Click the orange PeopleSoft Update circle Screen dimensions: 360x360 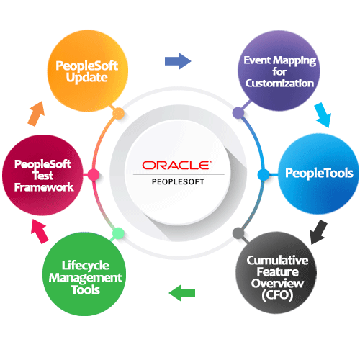[88, 71]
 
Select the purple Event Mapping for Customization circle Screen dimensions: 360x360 [279, 71]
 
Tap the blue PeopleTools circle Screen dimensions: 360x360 [318, 174]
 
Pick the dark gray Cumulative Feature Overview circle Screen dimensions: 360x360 [276, 273]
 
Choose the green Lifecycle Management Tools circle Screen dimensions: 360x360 [84, 274]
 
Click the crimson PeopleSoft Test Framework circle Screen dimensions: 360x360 [42, 175]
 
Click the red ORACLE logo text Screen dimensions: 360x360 [176, 166]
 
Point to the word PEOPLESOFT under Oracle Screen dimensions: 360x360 [178, 181]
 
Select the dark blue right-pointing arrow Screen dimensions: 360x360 [178, 61]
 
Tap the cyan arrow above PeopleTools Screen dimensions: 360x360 [323, 115]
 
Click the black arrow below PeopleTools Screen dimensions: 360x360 [318, 232]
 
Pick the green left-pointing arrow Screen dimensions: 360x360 [182, 293]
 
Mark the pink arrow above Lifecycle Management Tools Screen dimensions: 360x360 [40, 232]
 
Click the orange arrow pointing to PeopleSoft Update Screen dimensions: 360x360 [37, 114]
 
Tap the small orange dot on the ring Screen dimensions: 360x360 [118, 114]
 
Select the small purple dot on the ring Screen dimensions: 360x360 [238, 113]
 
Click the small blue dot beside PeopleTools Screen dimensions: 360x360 [264, 175]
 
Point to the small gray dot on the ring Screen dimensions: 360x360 [238, 233]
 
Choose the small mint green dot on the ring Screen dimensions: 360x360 [118, 233]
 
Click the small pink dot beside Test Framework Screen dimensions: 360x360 [93, 175]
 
